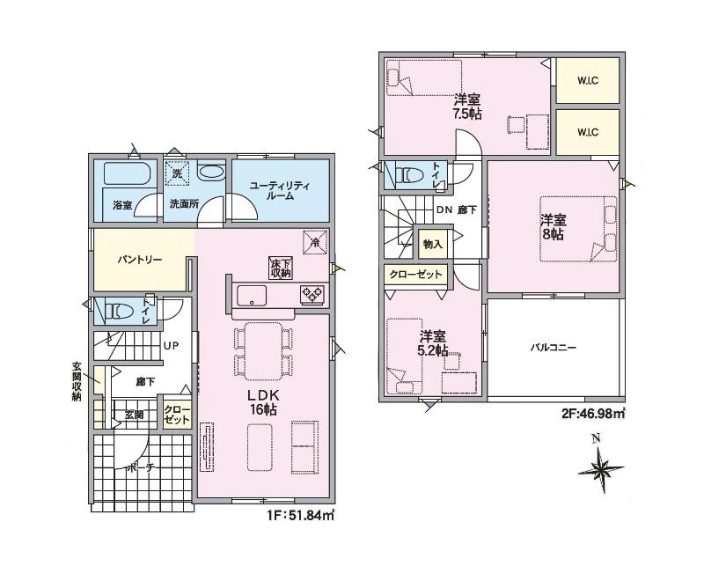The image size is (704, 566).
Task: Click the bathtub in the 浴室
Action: (129, 173)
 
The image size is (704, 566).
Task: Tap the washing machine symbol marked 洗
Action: (177, 173)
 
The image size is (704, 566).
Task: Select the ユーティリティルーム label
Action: (280, 190)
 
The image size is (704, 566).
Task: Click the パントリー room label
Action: (140, 260)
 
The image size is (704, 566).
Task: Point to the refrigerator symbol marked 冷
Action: (316, 243)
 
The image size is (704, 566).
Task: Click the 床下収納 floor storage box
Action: (280, 268)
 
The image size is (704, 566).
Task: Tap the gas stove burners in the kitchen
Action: (312, 295)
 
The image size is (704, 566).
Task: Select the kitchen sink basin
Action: (252, 296)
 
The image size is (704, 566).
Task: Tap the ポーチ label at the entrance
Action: (141, 467)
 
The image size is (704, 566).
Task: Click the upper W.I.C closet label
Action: (588, 81)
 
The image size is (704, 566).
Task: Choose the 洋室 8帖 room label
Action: (553, 227)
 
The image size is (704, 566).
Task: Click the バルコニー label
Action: (554, 347)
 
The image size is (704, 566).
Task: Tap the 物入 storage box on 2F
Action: (433, 244)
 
